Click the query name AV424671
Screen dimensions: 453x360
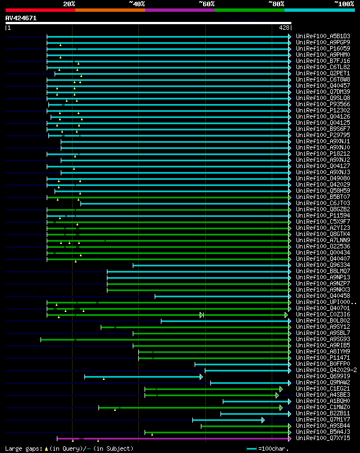(21, 18)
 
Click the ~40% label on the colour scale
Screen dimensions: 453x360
(137, 4)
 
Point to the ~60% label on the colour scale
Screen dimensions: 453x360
(206, 4)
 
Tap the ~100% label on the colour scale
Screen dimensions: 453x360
(343, 4)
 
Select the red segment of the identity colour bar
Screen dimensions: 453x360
(39, 10)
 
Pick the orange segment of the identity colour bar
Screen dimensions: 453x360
(110, 10)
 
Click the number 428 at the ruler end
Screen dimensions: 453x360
(284, 27)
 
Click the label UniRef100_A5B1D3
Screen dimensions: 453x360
(323, 36)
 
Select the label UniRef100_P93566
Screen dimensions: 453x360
(323, 104)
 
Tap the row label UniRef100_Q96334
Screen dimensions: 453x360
(323, 265)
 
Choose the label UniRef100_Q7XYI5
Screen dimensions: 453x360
(323, 438)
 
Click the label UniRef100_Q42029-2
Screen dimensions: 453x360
(327, 370)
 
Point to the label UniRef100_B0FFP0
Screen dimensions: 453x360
(323, 364)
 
